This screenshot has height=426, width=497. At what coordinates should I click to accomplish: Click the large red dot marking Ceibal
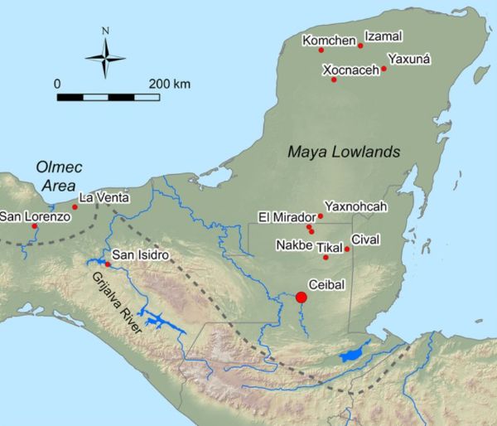pyautogui.click(x=302, y=298)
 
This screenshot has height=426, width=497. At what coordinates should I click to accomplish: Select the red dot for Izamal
pyautogui.click(x=360, y=46)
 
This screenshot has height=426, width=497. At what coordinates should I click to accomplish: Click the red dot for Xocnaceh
pyautogui.click(x=334, y=80)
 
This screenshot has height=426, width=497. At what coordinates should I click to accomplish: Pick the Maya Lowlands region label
pyautogui.click(x=344, y=152)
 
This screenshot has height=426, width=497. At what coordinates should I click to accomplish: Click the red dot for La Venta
pyautogui.click(x=75, y=206)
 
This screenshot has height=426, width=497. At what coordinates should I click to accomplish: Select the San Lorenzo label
pyautogui.click(x=31, y=216)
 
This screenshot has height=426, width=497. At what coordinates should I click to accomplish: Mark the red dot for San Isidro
pyautogui.click(x=108, y=264)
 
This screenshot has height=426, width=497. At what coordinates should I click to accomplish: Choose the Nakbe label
pyautogui.click(x=295, y=245)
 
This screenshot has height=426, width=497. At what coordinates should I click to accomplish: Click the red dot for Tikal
pyautogui.click(x=326, y=257)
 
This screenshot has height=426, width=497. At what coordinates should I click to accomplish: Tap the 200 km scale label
pyautogui.click(x=170, y=84)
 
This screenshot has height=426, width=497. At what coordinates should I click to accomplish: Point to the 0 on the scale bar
pyautogui.click(x=57, y=84)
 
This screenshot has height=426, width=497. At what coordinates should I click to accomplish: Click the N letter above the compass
pyautogui.click(x=105, y=31)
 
